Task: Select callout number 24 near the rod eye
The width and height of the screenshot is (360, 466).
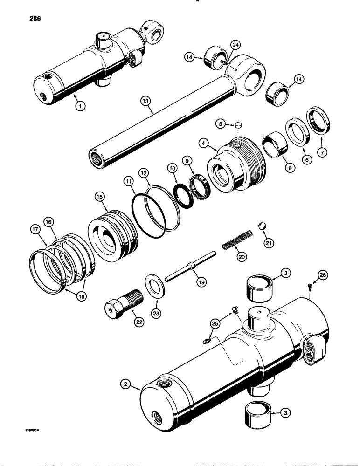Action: pos(235,45)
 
